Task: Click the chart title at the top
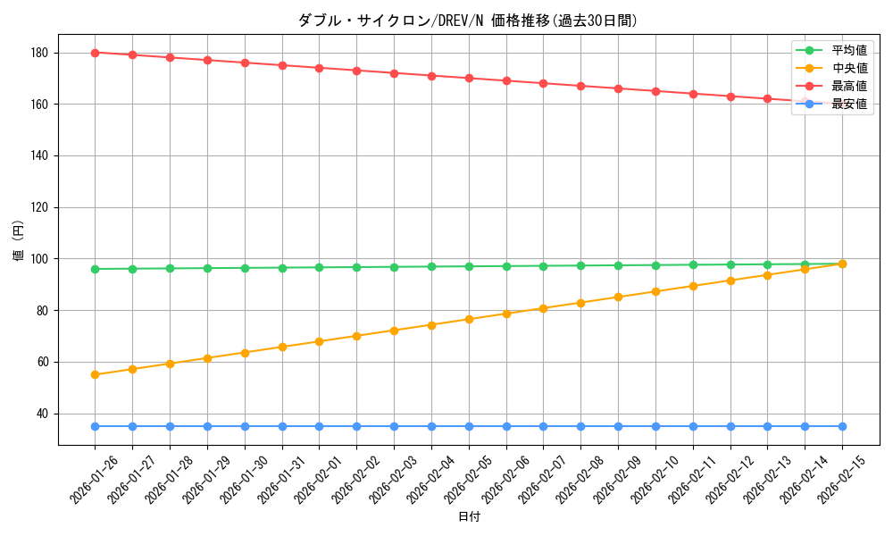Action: [468, 21]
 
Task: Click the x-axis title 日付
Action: [469, 517]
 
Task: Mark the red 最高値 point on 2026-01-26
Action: [95, 53]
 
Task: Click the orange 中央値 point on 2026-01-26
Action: [95, 374]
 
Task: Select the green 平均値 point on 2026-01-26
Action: [95, 269]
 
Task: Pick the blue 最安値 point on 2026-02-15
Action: [842, 426]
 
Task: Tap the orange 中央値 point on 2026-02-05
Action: [469, 319]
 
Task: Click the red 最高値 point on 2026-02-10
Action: [655, 91]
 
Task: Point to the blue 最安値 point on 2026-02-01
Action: [319, 426]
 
